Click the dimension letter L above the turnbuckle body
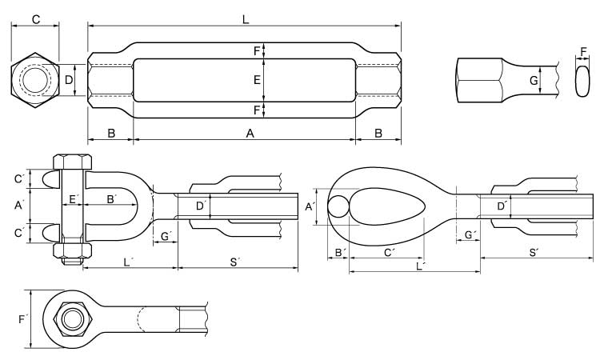coord(246,19)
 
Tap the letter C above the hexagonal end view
coord(35,19)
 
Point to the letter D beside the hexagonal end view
coord(69,80)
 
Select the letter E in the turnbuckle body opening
coord(257,80)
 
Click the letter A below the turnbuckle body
coord(250,133)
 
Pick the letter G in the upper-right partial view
coord(534,81)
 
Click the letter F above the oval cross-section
coord(583,52)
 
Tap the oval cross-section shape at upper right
coord(582,81)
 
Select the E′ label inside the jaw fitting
coord(74,199)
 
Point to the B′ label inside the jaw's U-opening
coord(111,199)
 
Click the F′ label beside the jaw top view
coord(23,319)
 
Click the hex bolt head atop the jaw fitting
coord(72,162)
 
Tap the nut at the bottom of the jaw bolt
coord(72,250)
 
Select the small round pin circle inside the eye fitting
coord(338,206)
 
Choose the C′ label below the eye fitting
coord(388,253)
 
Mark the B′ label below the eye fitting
coord(340,253)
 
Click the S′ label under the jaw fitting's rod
coord(234,262)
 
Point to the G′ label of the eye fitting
coord(470,234)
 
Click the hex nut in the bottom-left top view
coord(72,319)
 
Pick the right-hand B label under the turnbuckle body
coord(378,133)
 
